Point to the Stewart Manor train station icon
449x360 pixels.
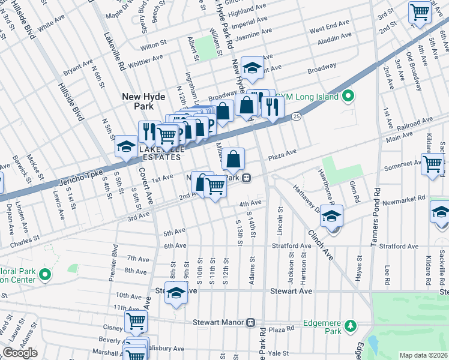pyautogui.click(x=250, y=322)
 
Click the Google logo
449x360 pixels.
pyautogui.click(x=20, y=353)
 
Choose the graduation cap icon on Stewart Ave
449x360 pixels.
pyautogui.click(x=176, y=293)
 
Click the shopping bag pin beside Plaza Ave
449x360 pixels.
pyautogui.click(x=234, y=160)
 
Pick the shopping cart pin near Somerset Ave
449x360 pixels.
pyautogui.click(x=432, y=164)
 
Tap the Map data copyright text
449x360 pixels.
pyautogui.click(x=423, y=355)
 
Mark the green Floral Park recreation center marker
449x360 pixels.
pyautogui.click(x=44, y=275)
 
